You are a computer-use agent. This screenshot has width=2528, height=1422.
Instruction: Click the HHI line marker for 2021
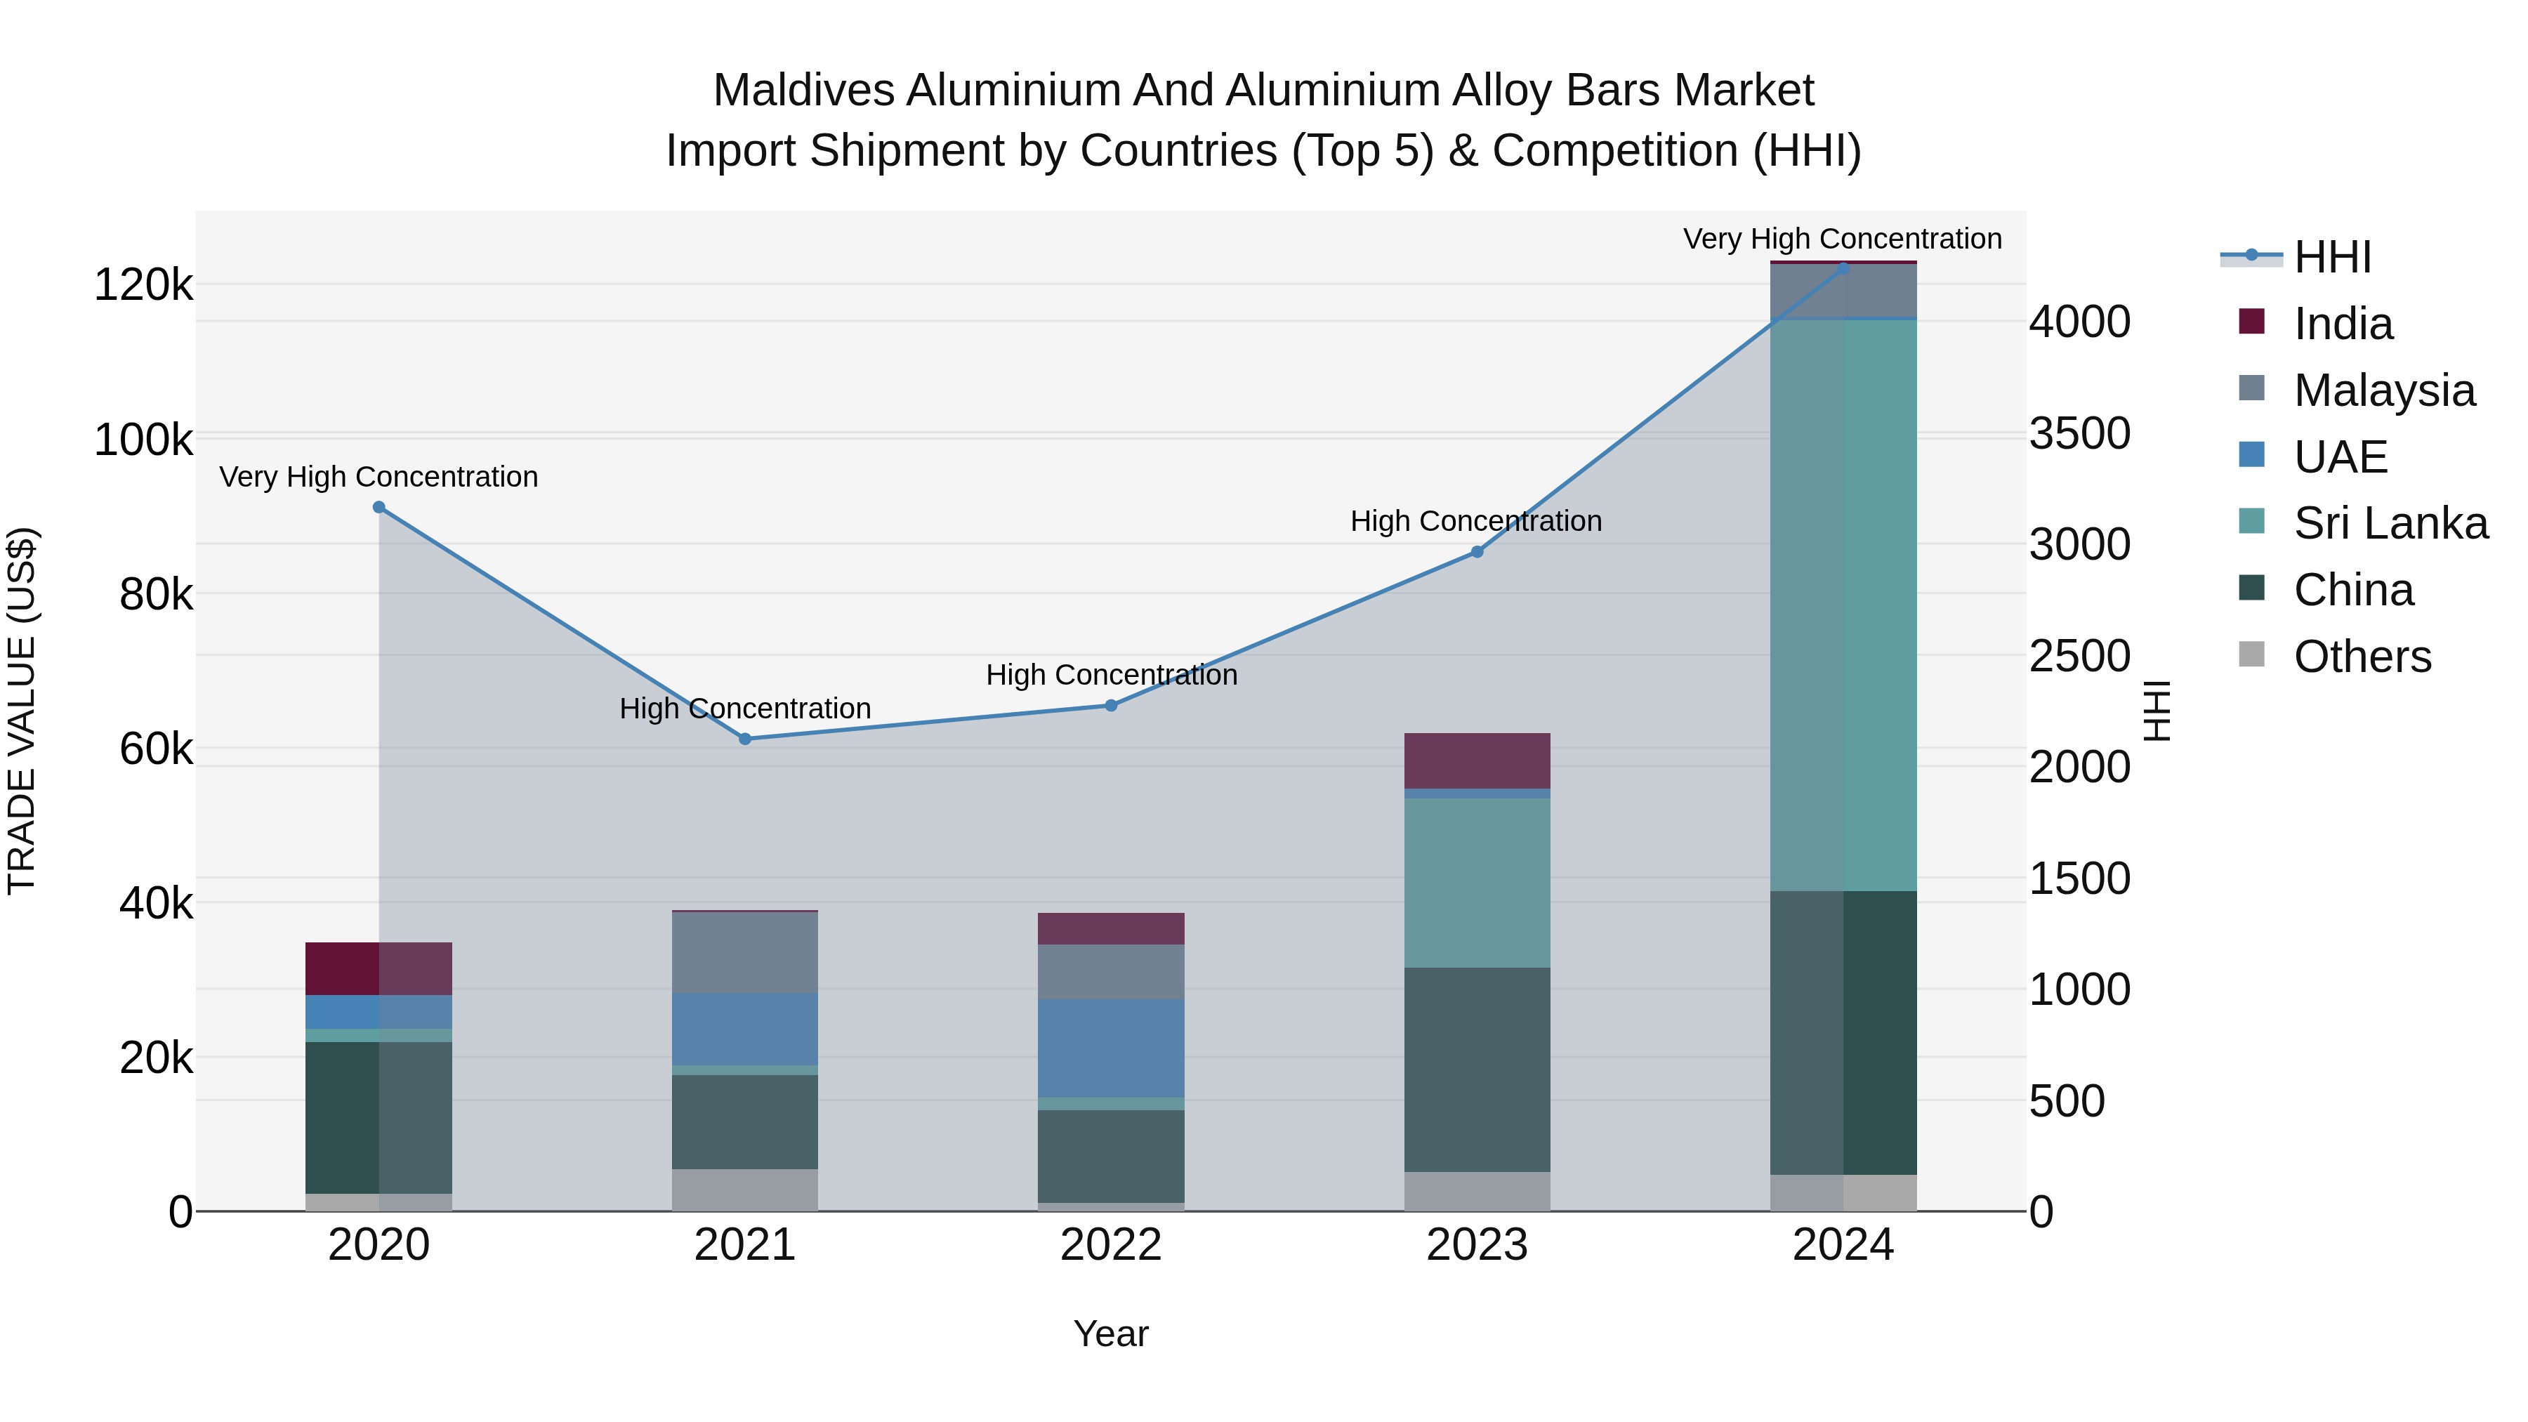(x=745, y=739)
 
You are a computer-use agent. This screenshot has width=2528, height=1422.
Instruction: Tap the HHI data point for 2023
(x=1477, y=551)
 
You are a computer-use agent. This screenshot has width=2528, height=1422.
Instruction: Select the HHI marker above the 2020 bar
(x=378, y=508)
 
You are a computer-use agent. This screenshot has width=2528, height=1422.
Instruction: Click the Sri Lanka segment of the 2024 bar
(x=1843, y=605)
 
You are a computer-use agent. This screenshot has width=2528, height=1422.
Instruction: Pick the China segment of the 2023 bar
(x=1477, y=1069)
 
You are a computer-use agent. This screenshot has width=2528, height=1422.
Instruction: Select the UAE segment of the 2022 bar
(x=1111, y=1048)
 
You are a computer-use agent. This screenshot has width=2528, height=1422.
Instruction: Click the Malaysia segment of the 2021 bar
(x=745, y=952)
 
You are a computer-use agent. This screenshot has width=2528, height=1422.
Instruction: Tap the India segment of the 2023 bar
(x=1477, y=761)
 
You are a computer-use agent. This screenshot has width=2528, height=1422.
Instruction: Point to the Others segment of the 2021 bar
(x=745, y=1190)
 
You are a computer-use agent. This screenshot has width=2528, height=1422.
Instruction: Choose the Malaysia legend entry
(x=2384, y=390)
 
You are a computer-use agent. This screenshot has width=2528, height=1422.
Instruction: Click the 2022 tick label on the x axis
(x=1111, y=1245)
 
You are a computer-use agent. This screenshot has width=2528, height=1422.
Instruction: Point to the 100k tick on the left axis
(x=143, y=440)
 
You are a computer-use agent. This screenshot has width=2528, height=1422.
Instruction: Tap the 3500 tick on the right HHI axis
(x=2079, y=433)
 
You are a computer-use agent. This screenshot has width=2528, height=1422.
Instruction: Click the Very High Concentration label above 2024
(x=1842, y=239)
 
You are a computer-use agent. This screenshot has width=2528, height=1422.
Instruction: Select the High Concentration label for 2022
(x=1111, y=675)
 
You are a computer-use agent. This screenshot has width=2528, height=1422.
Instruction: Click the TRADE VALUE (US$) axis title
(x=22, y=711)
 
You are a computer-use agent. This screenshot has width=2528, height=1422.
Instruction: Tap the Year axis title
(x=1111, y=1334)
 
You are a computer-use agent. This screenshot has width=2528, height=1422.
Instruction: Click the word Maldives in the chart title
(x=803, y=91)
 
